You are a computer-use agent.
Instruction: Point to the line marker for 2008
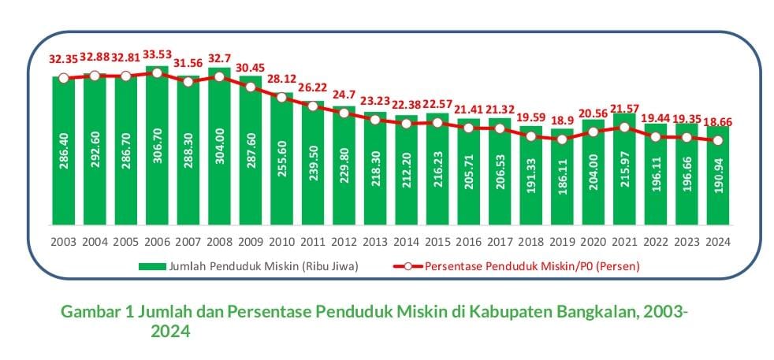[x=219, y=77]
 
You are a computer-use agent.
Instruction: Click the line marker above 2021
[x=623, y=127]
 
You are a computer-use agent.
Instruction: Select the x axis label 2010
[x=281, y=242]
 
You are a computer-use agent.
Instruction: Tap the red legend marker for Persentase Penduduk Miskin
[x=404, y=266]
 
